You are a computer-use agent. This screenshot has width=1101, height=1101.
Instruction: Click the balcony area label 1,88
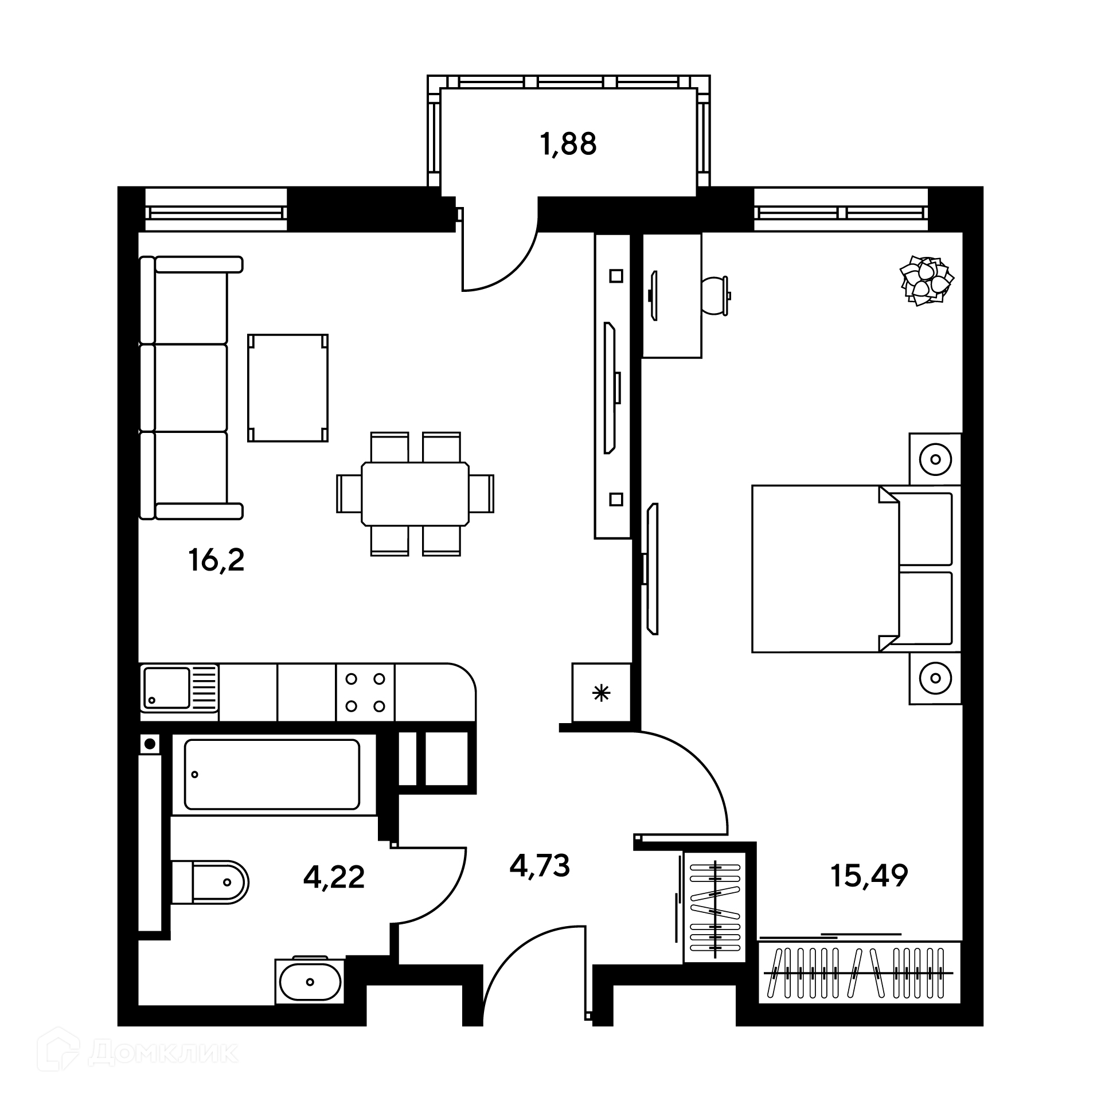click(x=568, y=145)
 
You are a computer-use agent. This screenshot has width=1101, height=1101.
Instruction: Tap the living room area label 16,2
click(x=216, y=560)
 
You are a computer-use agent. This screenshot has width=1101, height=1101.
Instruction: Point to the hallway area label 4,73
click(x=540, y=865)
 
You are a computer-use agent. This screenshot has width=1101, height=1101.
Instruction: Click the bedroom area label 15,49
click(x=869, y=876)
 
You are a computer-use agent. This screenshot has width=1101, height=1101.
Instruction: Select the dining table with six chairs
click(x=415, y=494)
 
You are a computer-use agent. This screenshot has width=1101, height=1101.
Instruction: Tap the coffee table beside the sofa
click(x=288, y=388)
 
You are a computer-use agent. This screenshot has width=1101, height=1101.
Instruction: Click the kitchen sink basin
click(x=166, y=688)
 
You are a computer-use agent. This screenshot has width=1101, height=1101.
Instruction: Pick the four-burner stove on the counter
click(x=365, y=693)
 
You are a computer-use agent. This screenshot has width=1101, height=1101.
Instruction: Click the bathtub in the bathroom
click(x=272, y=774)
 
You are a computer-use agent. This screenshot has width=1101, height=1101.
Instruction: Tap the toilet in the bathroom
click(x=210, y=882)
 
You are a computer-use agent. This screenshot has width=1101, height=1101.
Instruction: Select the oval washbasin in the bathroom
click(x=310, y=981)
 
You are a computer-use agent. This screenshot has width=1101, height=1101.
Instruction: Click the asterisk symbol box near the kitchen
click(x=601, y=693)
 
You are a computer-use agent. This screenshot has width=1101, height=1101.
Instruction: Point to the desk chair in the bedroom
click(x=716, y=295)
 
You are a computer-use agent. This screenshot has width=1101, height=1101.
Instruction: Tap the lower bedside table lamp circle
click(x=935, y=678)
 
